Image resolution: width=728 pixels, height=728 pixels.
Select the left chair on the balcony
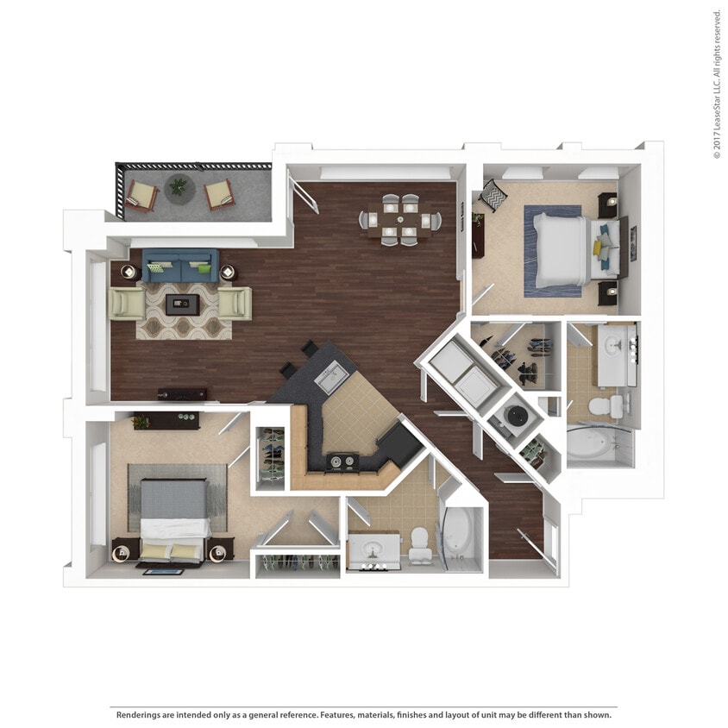tap(141, 194)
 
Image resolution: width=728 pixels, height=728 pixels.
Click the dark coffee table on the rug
tap(181, 302)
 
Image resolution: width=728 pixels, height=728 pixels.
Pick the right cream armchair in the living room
tap(235, 304)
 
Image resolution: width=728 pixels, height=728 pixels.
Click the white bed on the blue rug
tap(565, 250)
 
